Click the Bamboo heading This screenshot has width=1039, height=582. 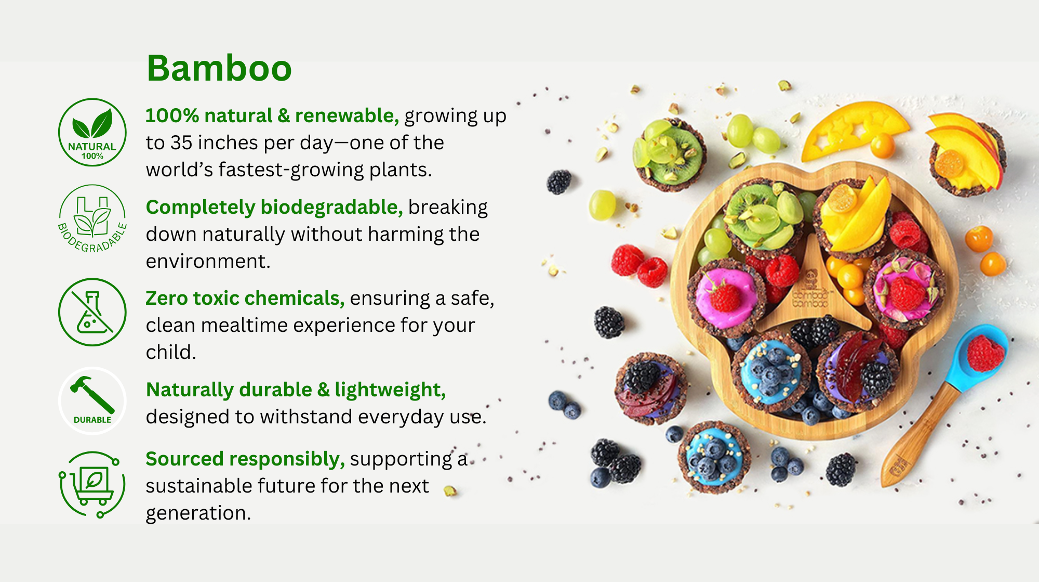pos(219,68)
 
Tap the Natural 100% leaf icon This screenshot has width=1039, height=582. pos(92,132)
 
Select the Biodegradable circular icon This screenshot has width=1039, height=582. pos(92,219)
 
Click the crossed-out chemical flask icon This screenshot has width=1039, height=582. pos(92,312)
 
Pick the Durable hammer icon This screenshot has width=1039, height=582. pos(92,400)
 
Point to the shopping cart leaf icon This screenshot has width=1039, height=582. pos(92,484)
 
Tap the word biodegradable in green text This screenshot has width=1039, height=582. pos(331,207)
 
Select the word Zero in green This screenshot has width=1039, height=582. pos(166,298)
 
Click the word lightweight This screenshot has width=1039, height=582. pos(390,390)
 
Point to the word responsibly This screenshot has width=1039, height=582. pos(287,459)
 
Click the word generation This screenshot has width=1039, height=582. pos(198,513)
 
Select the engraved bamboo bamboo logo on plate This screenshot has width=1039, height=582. pos(809,291)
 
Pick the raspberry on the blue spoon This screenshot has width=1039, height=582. pos(985,353)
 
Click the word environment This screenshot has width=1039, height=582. pos(208,261)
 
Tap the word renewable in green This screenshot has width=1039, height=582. pos(347,115)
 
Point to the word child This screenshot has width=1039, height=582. pos(171,352)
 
